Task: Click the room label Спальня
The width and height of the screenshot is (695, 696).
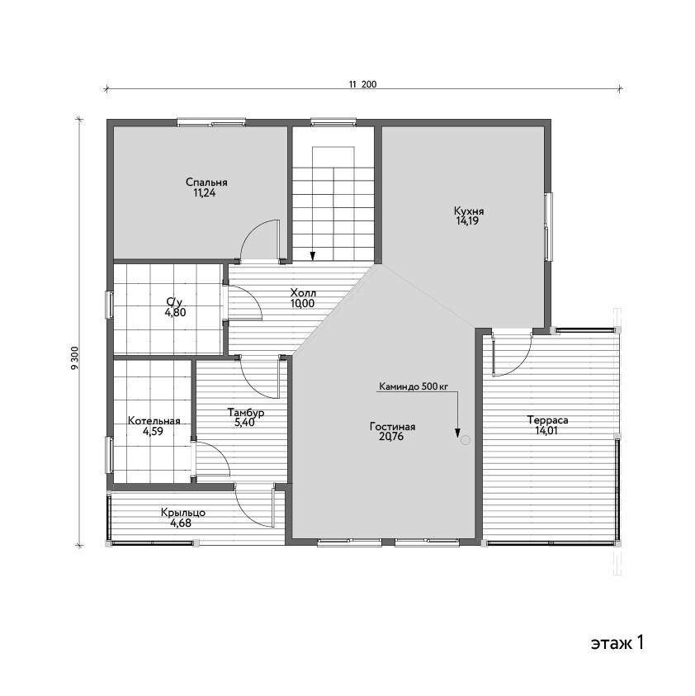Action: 206,182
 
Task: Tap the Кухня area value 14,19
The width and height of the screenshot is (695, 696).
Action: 467,221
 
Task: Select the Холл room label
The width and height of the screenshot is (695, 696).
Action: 303,293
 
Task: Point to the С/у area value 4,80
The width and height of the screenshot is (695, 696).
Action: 175,312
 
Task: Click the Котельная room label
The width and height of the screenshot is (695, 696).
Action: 154,421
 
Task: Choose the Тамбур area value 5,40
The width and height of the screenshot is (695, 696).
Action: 244,423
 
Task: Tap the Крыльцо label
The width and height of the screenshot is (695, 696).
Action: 183,513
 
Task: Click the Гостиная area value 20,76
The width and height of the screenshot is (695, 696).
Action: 391,437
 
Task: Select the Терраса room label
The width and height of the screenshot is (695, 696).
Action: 547,420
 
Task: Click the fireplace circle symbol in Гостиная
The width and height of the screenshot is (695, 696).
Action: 465,440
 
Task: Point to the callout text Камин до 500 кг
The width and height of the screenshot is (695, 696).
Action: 414,386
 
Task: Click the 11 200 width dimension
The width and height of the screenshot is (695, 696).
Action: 362,84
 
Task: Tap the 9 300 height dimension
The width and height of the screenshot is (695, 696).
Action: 74,357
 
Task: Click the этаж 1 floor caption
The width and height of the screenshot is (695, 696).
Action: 617,642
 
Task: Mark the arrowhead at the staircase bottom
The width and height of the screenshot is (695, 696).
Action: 313,256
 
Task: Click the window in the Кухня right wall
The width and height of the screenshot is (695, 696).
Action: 549,226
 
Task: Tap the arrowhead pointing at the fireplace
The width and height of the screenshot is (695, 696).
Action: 457,433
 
